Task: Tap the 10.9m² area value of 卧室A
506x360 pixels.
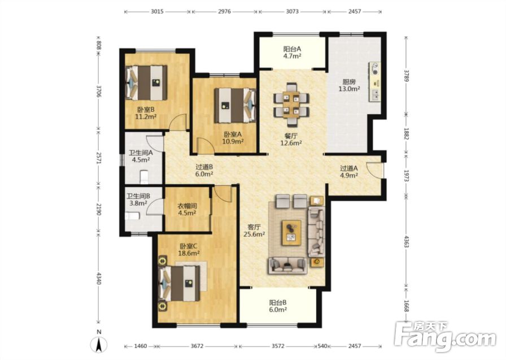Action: (x=233, y=141)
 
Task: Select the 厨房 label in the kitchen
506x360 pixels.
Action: (x=349, y=82)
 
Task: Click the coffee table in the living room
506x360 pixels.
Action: (x=291, y=233)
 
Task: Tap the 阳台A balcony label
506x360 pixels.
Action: (x=292, y=49)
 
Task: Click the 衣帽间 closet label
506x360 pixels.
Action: (x=187, y=206)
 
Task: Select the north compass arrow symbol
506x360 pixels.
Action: (x=99, y=344)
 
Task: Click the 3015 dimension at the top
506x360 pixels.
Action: (x=157, y=12)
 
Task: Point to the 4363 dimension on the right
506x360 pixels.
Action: (x=407, y=241)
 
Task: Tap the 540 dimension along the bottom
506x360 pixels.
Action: (x=322, y=346)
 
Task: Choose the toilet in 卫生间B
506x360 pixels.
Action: (x=132, y=216)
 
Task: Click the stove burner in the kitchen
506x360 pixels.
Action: (x=376, y=69)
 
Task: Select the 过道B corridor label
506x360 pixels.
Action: (x=204, y=167)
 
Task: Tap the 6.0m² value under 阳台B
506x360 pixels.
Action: (x=278, y=310)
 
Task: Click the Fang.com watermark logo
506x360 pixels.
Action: (x=446, y=336)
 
